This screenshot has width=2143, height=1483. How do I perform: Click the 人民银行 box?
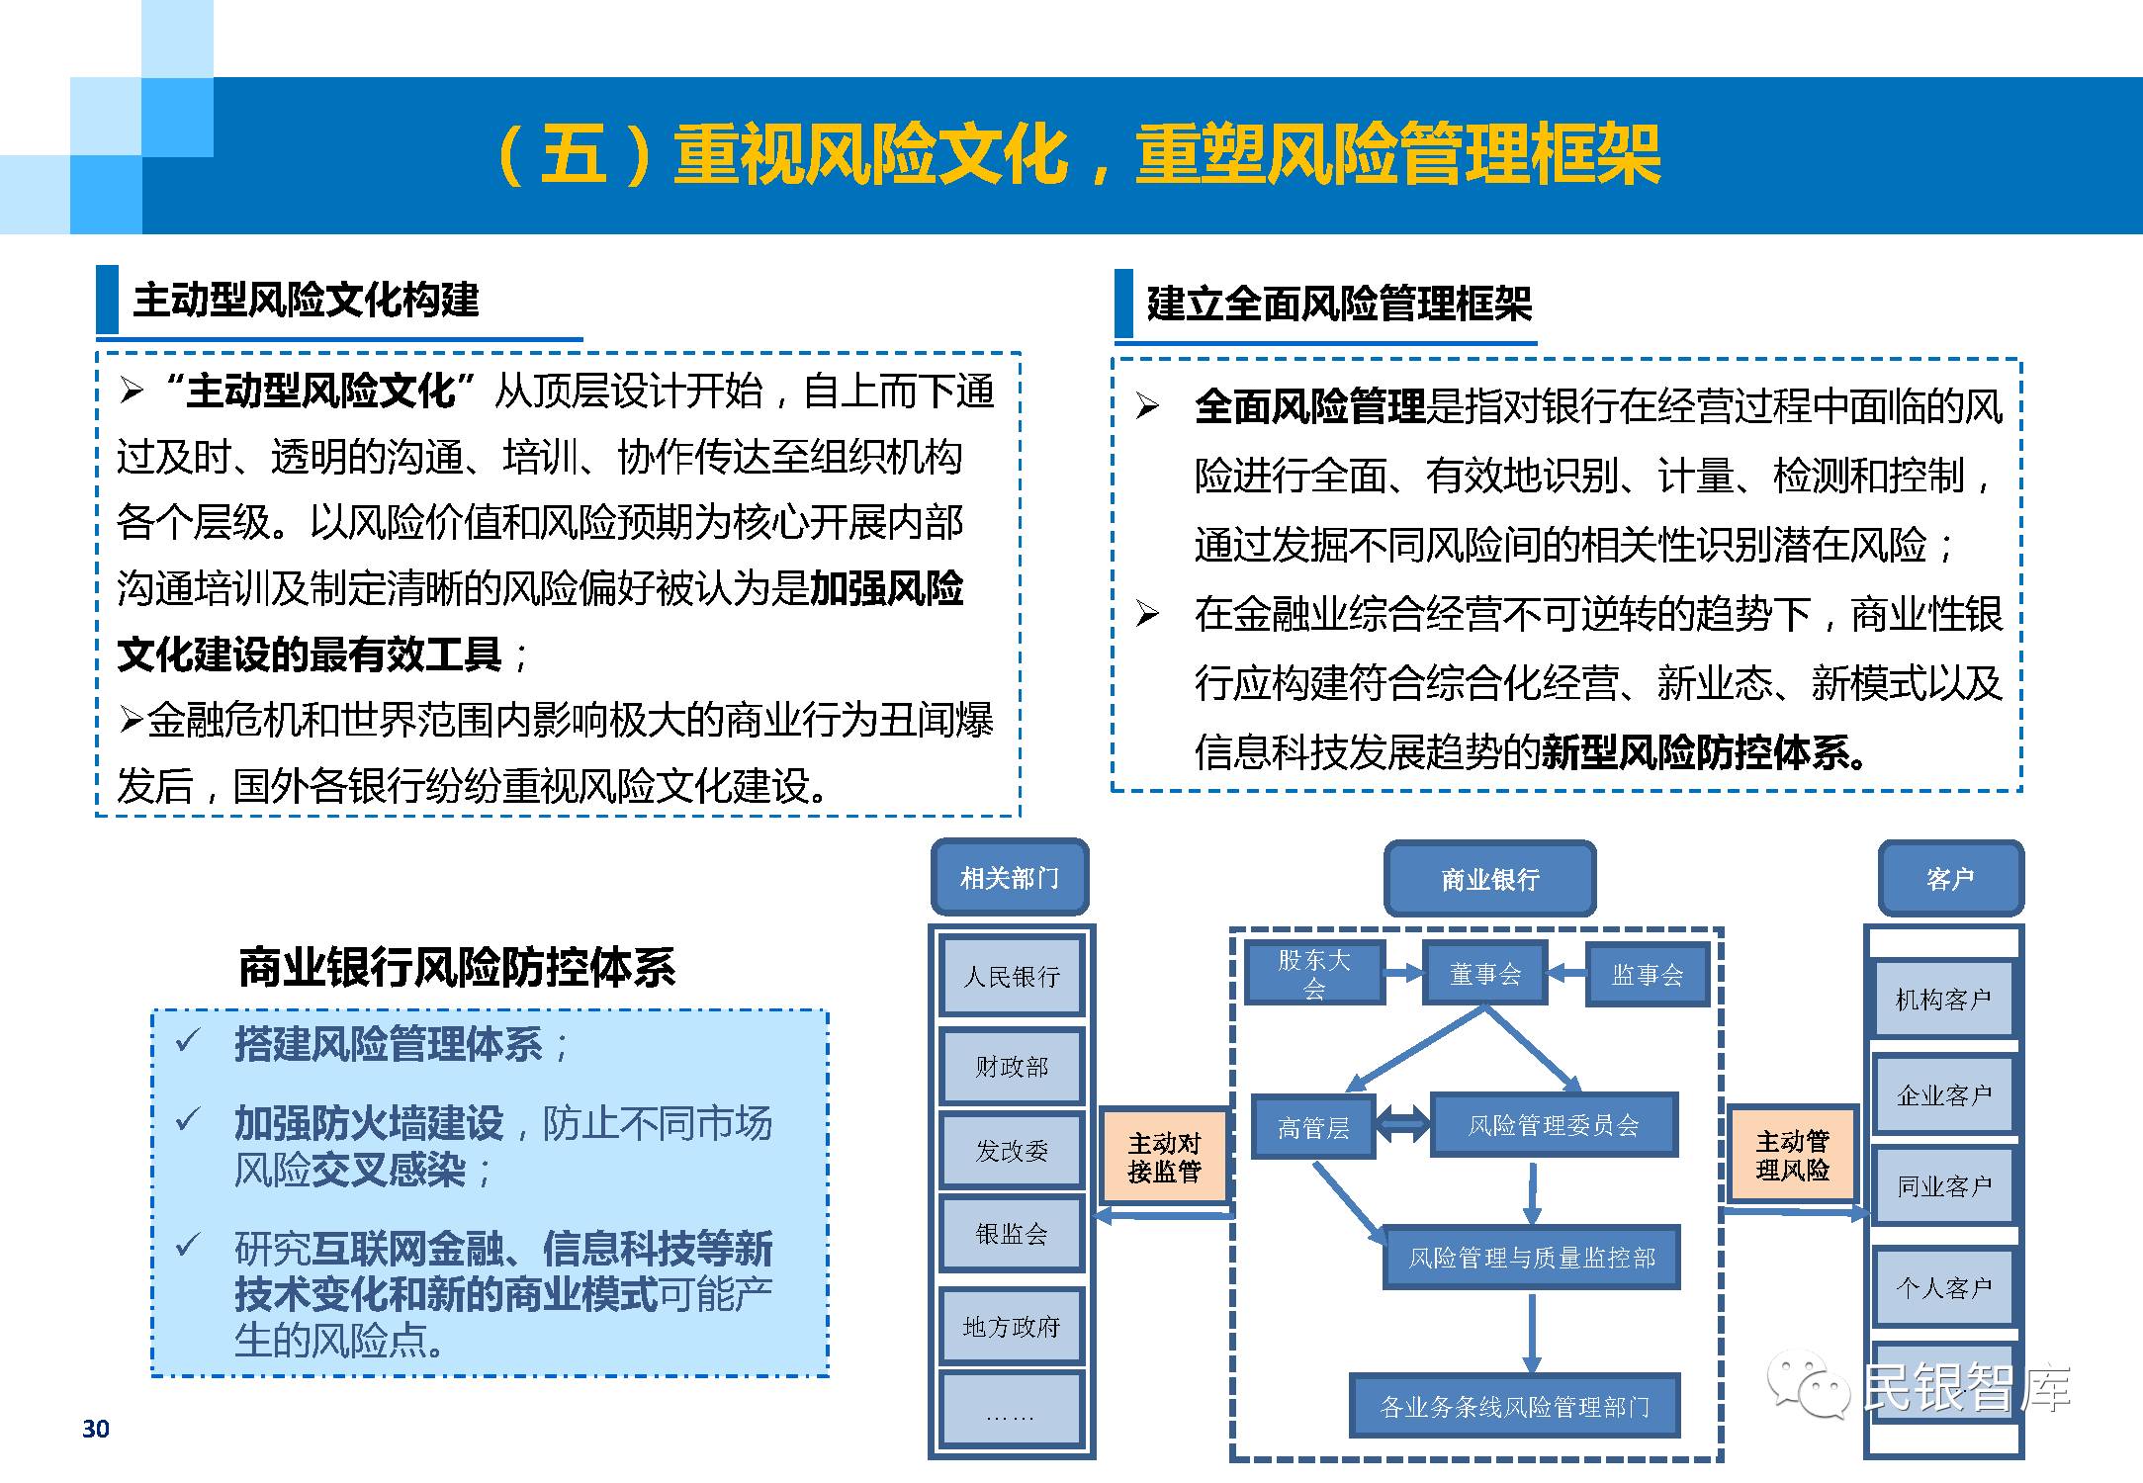[1011, 977]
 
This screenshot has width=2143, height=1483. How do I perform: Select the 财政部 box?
[1011, 1066]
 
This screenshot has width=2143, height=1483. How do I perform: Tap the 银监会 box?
[1011, 1233]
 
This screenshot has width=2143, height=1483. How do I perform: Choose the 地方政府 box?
[1011, 1326]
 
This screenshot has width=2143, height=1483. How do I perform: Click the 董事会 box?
[1484, 975]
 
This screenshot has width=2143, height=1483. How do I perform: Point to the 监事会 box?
[1647, 975]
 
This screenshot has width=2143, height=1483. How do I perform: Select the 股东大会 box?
[1313, 974]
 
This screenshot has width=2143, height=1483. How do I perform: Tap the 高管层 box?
[1313, 1127]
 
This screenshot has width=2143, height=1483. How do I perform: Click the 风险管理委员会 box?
[1554, 1125]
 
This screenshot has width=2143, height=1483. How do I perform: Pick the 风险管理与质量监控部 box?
[1531, 1258]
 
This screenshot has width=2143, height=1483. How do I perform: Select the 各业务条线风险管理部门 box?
[1514, 1406]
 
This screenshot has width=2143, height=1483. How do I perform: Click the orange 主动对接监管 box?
[1164, 1157]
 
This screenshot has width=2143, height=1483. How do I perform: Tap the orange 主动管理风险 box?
[1792, 1155]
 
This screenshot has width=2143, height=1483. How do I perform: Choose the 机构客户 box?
[1942, 1000]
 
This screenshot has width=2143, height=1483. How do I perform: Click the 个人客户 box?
[1942, 1287]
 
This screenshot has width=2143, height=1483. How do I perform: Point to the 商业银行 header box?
[1489, 879]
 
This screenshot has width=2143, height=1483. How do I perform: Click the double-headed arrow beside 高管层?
[1402, 1124]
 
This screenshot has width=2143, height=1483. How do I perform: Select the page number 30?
[96, 1429]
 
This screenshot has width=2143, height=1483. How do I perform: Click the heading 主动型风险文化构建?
[306, 300]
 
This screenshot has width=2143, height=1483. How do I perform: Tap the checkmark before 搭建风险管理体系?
[187, 1040]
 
